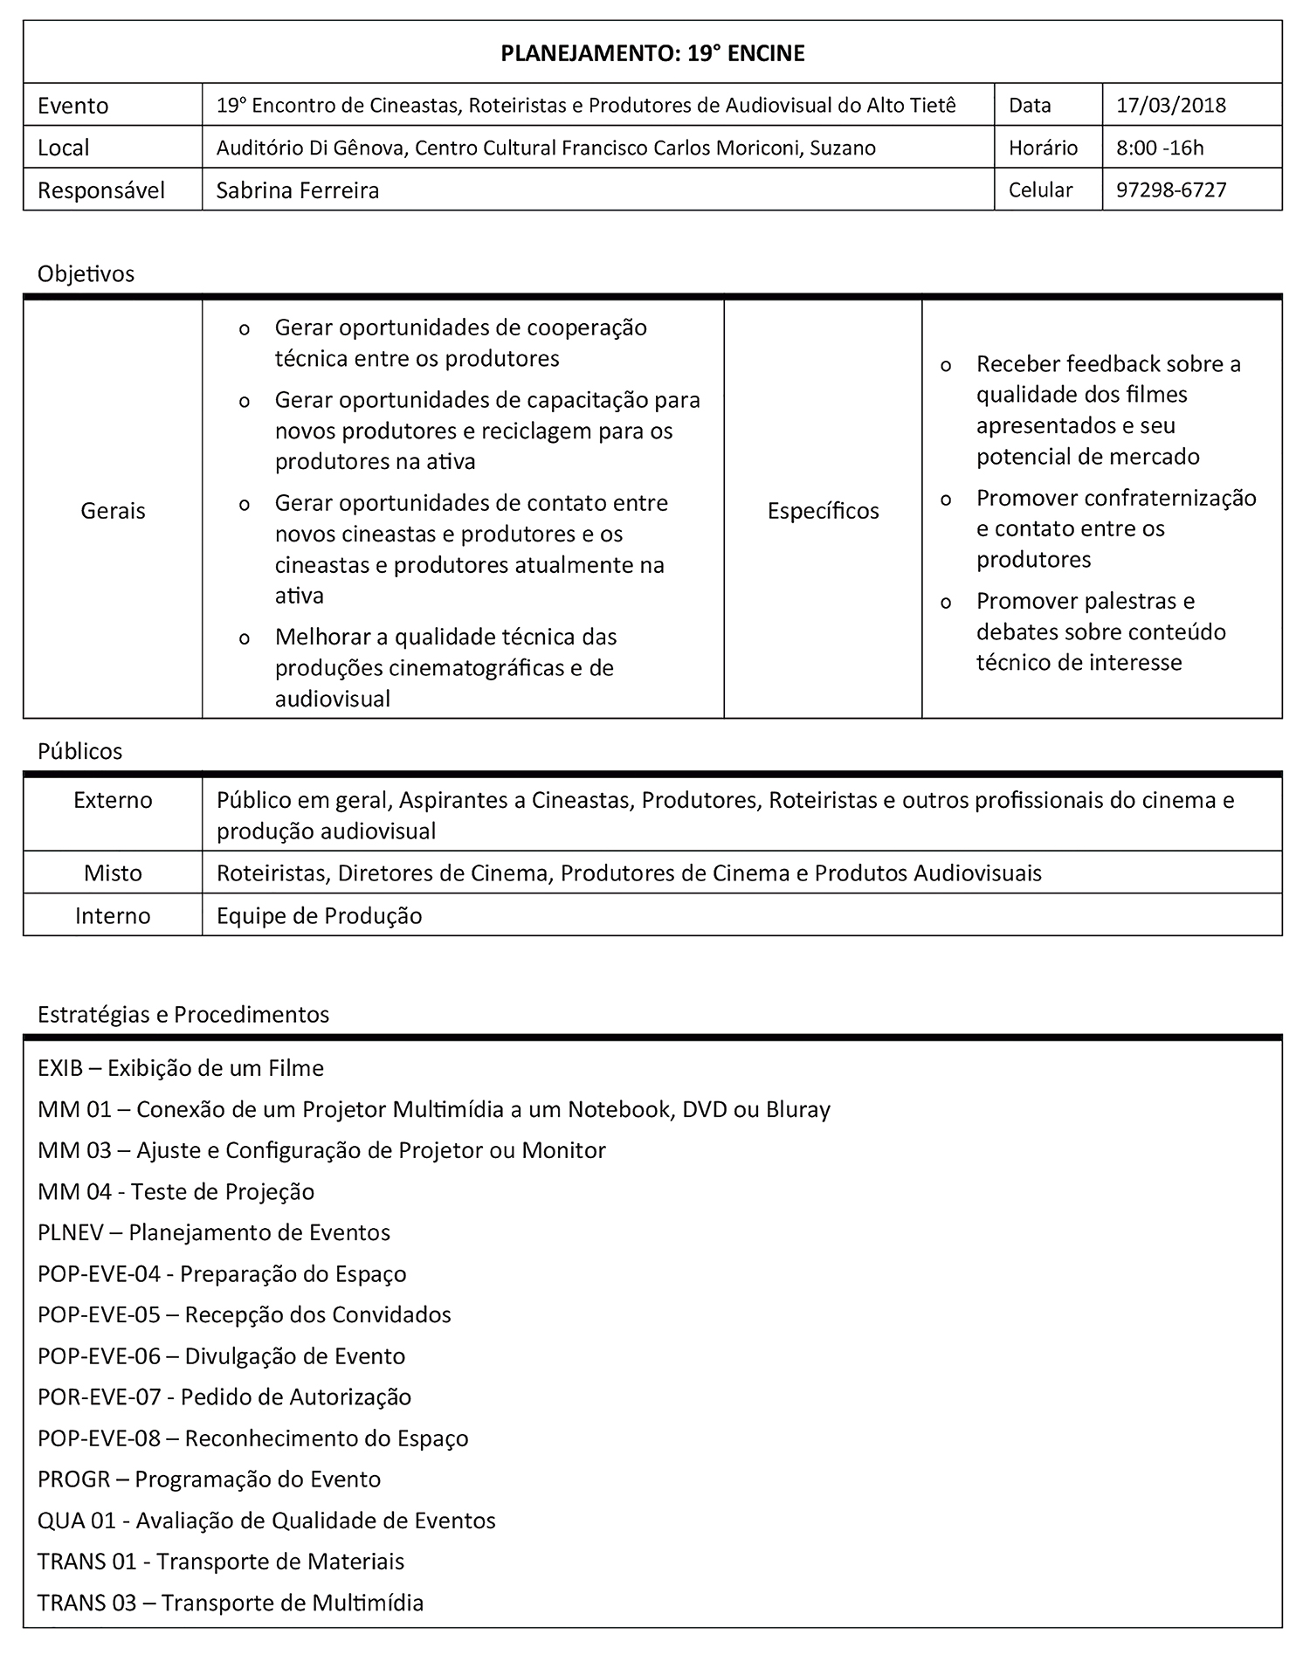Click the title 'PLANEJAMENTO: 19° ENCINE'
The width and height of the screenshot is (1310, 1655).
pos(652,53)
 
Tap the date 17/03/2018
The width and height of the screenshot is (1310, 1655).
pos(1170,106)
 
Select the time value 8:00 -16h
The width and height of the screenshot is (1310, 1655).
pos(1160,148)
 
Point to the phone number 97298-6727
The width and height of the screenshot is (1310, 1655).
pos(1171,190)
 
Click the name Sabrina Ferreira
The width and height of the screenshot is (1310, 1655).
pos(298,190)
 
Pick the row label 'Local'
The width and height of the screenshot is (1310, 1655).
pos(64,148)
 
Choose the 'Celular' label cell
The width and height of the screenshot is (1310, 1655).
pos(1040,190)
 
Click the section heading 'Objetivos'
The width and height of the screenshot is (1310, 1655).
pos(86,273)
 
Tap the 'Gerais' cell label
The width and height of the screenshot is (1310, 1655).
pos(113,510)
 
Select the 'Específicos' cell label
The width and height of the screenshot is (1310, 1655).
pos(823,510)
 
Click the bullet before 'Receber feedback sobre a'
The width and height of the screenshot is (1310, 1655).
pos(946,367)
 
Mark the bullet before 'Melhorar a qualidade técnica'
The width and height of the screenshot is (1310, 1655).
pos(245,639)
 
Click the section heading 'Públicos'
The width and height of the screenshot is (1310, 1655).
pos(79,751)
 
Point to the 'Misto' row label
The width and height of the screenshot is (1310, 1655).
pos(113,872)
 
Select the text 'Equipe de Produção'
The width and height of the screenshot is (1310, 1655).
pos(319,915)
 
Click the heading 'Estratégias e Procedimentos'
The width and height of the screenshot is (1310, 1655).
pos(183,1014)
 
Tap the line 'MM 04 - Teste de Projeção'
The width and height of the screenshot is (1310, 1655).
pos(176,1191)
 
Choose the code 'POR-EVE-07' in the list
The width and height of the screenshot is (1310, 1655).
pos(100,1396)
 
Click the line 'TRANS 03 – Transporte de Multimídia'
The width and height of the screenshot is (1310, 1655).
pos(231,1603)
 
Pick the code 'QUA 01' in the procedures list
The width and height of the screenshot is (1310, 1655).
pos(77,1521)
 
